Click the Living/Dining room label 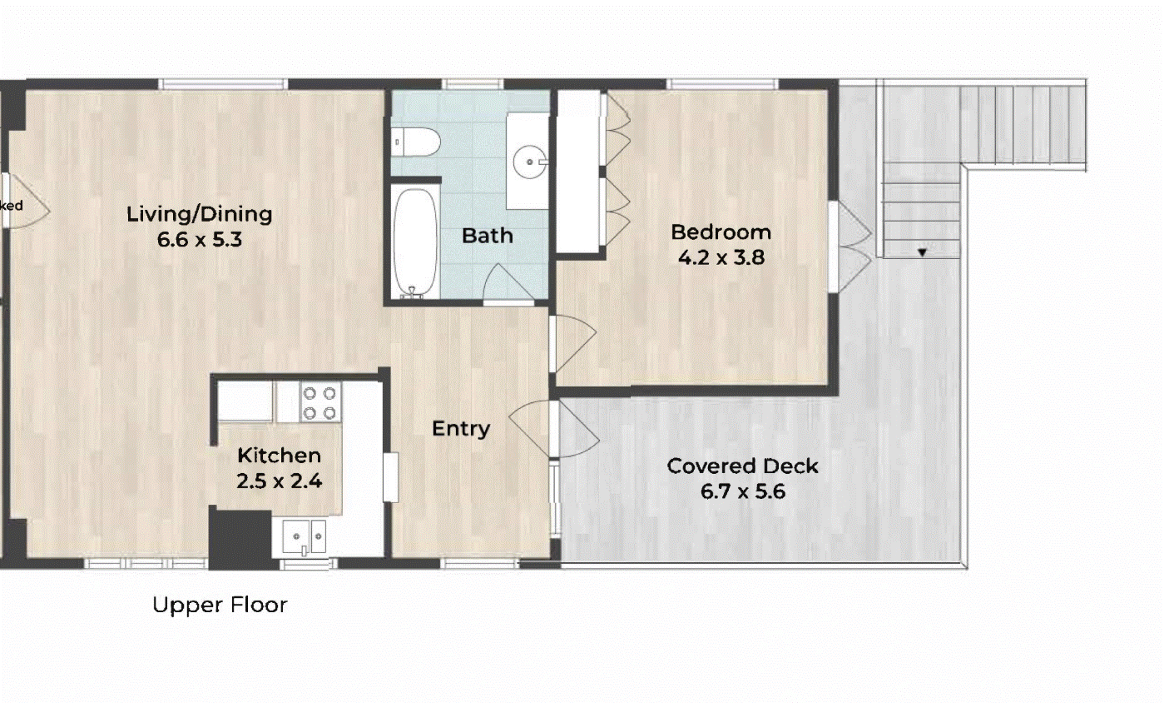[199, 214]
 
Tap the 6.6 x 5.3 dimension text [199, 241]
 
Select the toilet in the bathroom [415, 142]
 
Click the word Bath [487, 236]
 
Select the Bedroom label [721, 232]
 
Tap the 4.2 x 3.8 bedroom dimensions [721, 258]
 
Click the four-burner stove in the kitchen [319, 402]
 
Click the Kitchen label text [279, 456]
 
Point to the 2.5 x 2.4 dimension [279, 481]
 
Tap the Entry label [460, 429]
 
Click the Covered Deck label [742, 466]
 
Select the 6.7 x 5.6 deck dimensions [742, 491]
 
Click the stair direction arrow [922, 252]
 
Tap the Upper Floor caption [220, 605]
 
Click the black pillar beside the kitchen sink [240, 539]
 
